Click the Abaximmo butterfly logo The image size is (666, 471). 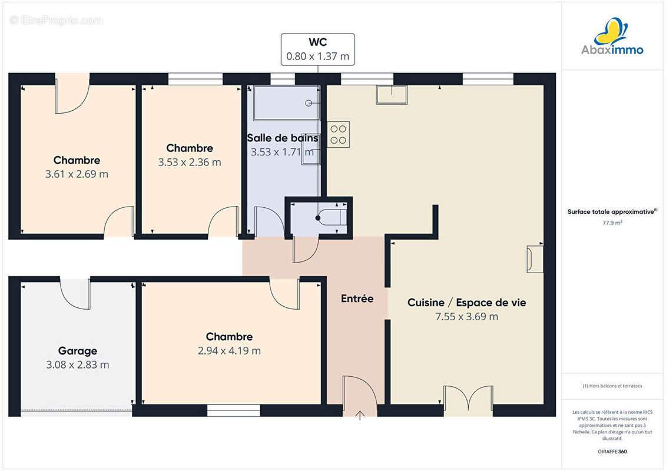(x=611, y=31)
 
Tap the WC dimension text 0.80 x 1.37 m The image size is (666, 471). (x=318, y=56)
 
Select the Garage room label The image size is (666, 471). (x=78, y=351)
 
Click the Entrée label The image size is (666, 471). (x=357, y=298)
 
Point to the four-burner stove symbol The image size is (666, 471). (x=339, y=135)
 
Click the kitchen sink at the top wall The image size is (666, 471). (x=392, y=95)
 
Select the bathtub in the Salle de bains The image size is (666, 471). (x=287, y=103)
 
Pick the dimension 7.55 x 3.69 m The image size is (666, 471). (x=466, y=316)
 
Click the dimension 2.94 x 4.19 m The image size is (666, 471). (x=230, y=351)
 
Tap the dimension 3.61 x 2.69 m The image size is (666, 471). (x=77, y=174)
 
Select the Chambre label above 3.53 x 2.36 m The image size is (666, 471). (x=190, y=148)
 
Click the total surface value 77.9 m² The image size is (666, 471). (x=612, y=223)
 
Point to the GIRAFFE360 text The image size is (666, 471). (x=612, y=452)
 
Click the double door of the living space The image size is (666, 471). (x=468, y=399)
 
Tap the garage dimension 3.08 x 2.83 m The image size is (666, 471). (x=78, y=365)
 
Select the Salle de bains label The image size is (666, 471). (x=283, y=138)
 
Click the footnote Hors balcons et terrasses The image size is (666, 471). (x=612, y=386)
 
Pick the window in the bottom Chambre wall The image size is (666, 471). (x=234, y=410)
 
